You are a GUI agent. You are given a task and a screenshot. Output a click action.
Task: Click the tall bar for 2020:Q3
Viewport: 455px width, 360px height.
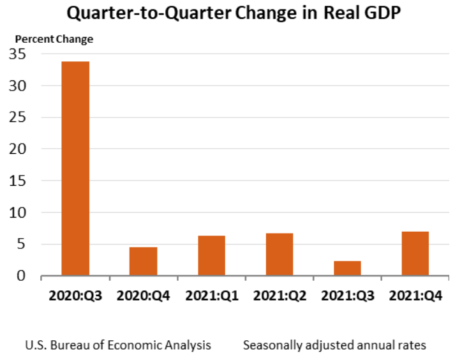pos(75,169)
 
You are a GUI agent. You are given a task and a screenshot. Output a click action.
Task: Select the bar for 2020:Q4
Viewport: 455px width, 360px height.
pos(143,261)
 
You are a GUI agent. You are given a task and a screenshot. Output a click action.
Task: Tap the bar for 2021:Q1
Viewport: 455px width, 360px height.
pos(211,255)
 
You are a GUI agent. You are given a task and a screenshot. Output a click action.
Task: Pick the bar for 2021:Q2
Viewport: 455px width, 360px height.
pos(279,254)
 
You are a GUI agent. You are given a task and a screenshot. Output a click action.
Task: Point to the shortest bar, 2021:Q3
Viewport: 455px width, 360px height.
pos(347,268)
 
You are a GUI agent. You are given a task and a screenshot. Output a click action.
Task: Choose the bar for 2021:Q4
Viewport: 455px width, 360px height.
pos(415,253)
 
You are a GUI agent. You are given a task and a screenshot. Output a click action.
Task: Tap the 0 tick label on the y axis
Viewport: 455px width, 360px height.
pos(21,276)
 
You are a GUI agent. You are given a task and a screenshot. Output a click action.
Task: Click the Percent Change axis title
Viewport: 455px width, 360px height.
pos(54,39)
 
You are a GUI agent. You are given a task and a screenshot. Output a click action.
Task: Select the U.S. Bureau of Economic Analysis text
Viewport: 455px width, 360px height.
pos(118,345)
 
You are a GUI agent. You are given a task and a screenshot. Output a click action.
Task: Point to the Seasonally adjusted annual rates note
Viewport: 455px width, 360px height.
pos(334,345)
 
